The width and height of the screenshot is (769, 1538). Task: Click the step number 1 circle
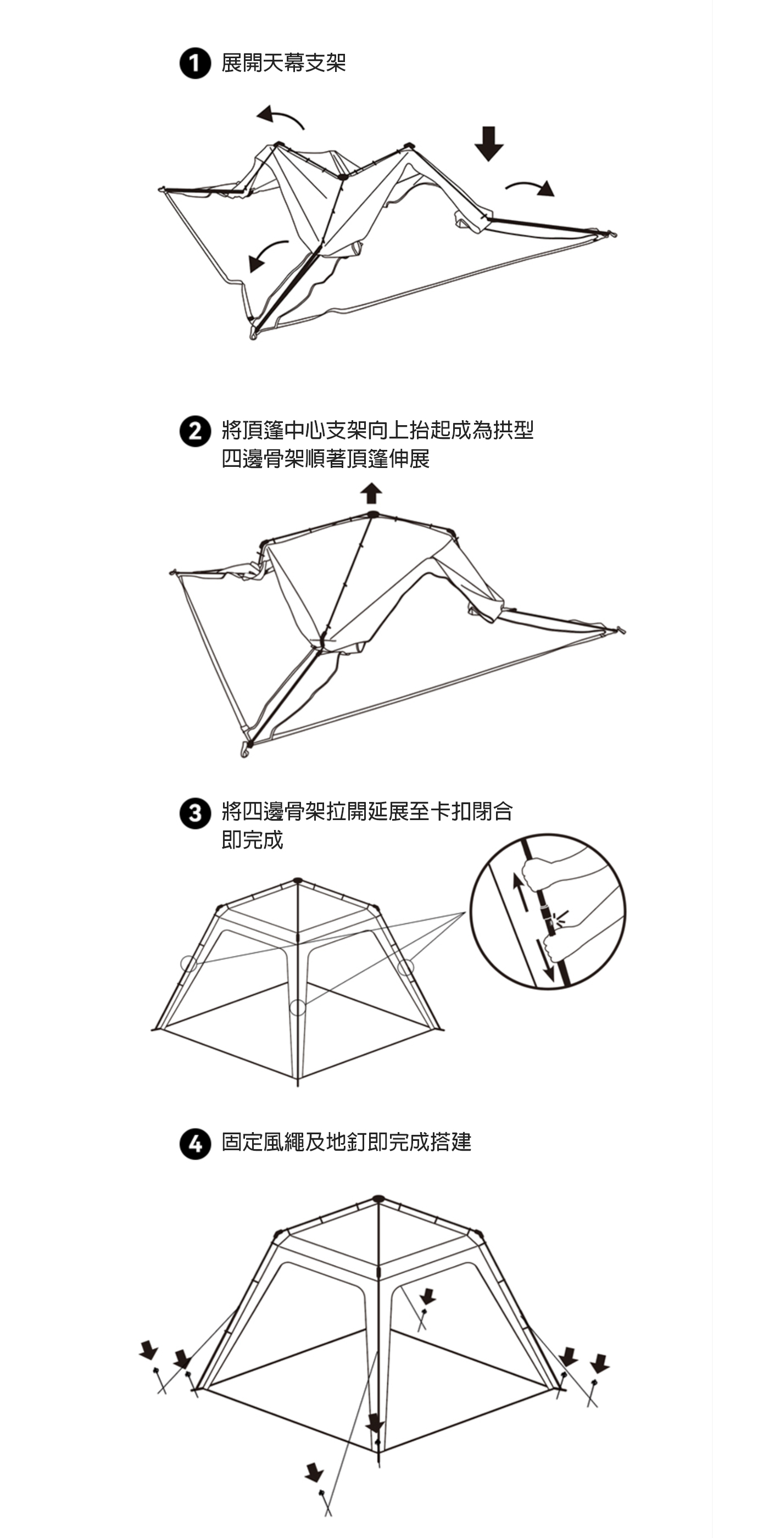coord(195,63)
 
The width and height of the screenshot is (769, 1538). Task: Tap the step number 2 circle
coord(195,431)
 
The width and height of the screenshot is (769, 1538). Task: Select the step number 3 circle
coord(195,813)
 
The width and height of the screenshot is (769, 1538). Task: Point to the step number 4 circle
coord(195,1144)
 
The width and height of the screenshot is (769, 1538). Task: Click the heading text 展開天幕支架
coord(283,63)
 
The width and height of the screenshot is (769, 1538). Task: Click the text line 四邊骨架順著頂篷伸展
coord(325,459)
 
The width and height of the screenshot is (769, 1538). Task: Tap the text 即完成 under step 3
coord(252,839)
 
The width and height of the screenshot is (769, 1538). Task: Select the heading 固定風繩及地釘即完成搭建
coord(346,1142)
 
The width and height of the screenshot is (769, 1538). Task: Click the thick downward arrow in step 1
coord(489,143)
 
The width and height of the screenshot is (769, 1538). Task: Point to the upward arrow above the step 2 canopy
coord(371,493)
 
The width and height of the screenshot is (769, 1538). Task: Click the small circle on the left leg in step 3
coord(188,963)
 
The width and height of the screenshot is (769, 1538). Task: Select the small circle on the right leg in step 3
coord(405,967)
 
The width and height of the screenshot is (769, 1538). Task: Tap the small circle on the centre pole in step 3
coord(297,1008)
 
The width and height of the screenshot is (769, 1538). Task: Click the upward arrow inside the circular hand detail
coord(521,892)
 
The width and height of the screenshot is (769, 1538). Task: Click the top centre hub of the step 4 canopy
coord(378,1199)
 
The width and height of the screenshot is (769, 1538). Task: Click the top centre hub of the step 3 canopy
coord(298,881)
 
